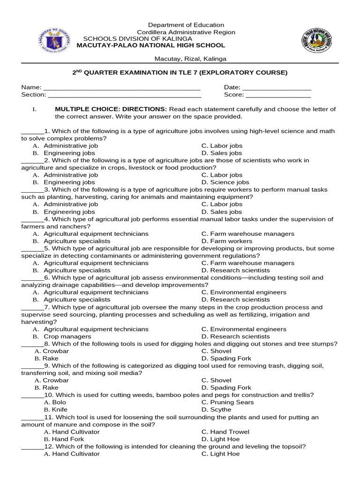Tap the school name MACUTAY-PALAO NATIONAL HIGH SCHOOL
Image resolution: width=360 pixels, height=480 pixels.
(x=150, y=45)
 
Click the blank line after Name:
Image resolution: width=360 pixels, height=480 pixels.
(x=122, y=88)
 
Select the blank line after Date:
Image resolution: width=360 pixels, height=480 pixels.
(x=277, y=88)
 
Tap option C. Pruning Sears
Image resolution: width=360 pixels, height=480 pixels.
(x=227, y=402)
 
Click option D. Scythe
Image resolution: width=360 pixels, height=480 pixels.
(x=216, y=410)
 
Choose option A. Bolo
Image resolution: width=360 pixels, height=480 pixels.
(x=55, y=402)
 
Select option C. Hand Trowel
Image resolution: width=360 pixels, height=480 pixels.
(x=225, y=432)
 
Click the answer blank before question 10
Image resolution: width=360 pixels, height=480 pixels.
(x=32, y=396)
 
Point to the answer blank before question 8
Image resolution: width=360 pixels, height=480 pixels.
(x=32, y=345)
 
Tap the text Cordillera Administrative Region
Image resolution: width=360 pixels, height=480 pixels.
(x=186, y=32)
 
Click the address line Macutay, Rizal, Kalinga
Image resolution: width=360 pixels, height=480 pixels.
(x=190, y=59)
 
